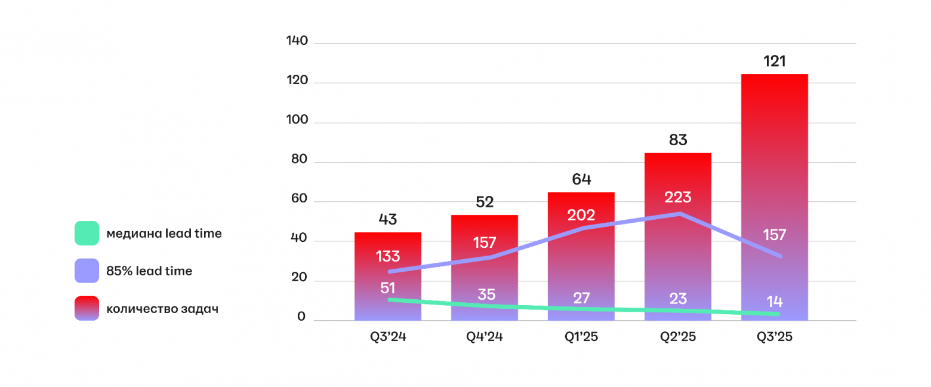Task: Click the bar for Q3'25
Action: (x=774, y=197)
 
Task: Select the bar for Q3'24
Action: (x=388, y=277)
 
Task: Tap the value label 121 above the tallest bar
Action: (x=775, y=62)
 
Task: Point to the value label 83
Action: (x=678, y=140)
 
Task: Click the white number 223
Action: (x=678, y=197)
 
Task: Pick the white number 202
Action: (x=581, y=215)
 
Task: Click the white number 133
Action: (x=388, y=256)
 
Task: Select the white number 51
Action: (x=388, y=288)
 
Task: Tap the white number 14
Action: (x=775, y=302)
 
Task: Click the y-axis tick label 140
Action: (x=297, y=41)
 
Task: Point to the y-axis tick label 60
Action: (x=299, y=198)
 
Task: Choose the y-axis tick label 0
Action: (x=301, y=317)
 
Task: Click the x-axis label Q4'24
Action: (x=484, y=337)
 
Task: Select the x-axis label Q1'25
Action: (x=581, y=337)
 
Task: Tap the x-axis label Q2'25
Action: (x=678, y=337)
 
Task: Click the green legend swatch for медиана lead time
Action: (x=87, y=233)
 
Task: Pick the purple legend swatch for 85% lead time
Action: (x=87, y=271)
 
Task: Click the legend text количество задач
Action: (x=162, y=309)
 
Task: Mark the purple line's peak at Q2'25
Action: (x=680, y=214)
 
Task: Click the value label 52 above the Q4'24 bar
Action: (x=485, y=202)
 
